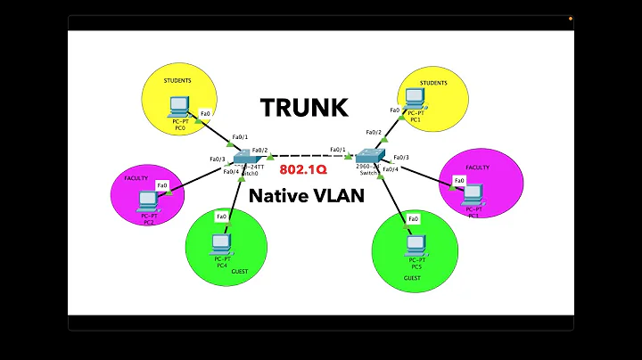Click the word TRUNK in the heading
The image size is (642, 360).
tap(304, 108)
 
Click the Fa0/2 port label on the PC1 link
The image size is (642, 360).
tap(373, 133)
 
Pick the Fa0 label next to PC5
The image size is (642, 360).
tap(413, 218)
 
